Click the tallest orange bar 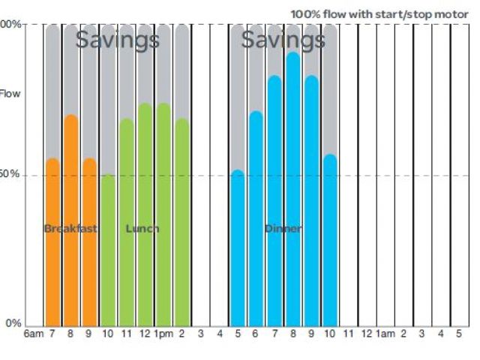pyautogui.click(x=71, y=225)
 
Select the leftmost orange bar pyautogui.click(x=52, y=247)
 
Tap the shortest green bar pyautogui.click(x=108, y=255)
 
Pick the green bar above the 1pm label pyautogui.click(x=163, y=217)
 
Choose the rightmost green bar pyautogui.click(x=181, y=225)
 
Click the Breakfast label pyautogui.click(x=70, y=229)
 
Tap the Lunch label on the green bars pyautogui.click(x=142, y=229)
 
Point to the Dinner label pyautogui.click(x=283, y=229)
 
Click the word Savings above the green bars pyautogui.click(x=118, y=40)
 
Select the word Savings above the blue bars pyautogui.click(x=283, y=40)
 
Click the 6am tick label pyautogui.click(x=34, y=333)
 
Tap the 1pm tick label pyautogui.click(x=163, y=333)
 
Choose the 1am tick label pyautogui.click(x=385, y=333)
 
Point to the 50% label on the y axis pyautogui.click(x=10, y=174)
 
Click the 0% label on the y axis pyautogui.click(x=13, y=324)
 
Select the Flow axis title pyautogui.click(x=10, y=94)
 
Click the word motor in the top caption pyautogui.click(x=453, y=14)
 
